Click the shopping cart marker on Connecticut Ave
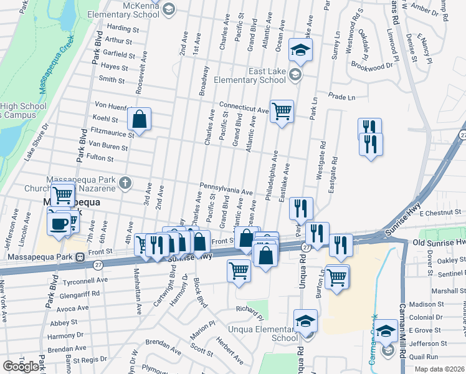[282, 112]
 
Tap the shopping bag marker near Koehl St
[140, 119]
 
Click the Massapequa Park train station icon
[80, 257]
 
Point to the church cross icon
[125, 183]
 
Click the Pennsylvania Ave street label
[226, 188]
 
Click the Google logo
[21, 367]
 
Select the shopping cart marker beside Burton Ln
[337, 276]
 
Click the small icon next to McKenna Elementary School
[168, 9]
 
